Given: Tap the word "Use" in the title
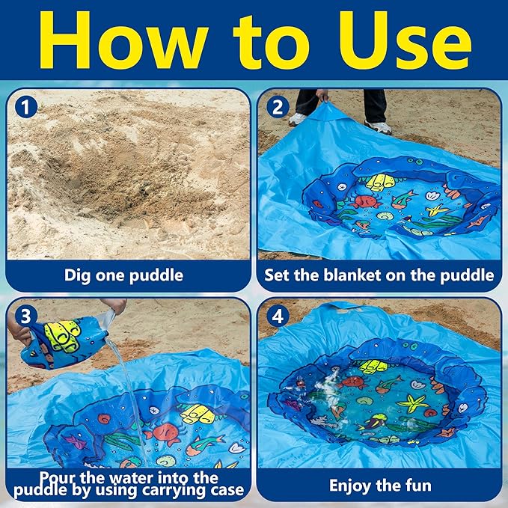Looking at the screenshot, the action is (405, 40).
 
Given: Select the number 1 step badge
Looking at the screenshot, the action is (26, 107).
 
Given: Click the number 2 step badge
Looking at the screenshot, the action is (278, 106).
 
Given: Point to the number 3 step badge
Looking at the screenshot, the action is (26, 316).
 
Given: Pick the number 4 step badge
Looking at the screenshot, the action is (278, 316).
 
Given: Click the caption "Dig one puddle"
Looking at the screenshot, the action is (123, 276).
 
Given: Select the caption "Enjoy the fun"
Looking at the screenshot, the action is (380, 486).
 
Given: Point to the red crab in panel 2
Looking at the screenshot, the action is (367, 201).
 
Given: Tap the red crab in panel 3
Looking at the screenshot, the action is (165, 434).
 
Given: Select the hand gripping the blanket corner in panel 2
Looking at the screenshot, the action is (322, 96).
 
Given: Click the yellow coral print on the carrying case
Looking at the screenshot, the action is (64, 336).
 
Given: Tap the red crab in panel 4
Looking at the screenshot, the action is (354, 382).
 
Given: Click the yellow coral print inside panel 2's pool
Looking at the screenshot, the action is (382, 182).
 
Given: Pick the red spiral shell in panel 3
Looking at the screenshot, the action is (104, 418).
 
